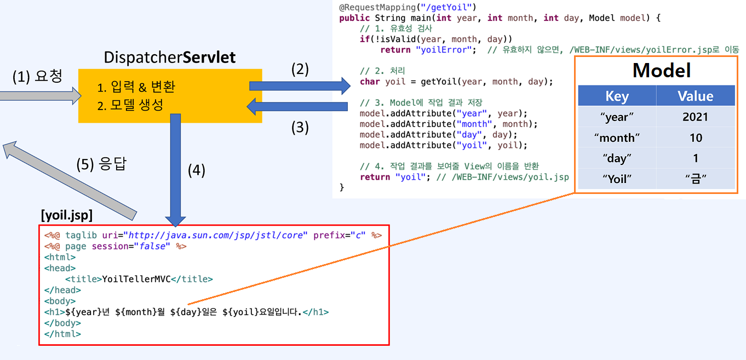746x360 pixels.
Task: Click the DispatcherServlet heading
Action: click(x=170, y=57)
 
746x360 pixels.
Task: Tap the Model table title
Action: click(x=661, y=70)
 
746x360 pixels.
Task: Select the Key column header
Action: click(x=617, y=96)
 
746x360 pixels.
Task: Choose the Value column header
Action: click(x=695, y=96)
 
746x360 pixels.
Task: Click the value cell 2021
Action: click(x=695, y=117)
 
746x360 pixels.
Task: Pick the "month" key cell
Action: click(x=617, y=138)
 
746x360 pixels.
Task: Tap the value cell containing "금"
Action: click(x=695, y=179)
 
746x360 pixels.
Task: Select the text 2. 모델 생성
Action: click(x=130, y=105)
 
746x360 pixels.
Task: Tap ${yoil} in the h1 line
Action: click(x=240, y=312)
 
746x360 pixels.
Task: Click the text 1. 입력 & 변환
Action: click(x=136, y=87)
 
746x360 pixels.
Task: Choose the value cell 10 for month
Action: click(x=695, y=138)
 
